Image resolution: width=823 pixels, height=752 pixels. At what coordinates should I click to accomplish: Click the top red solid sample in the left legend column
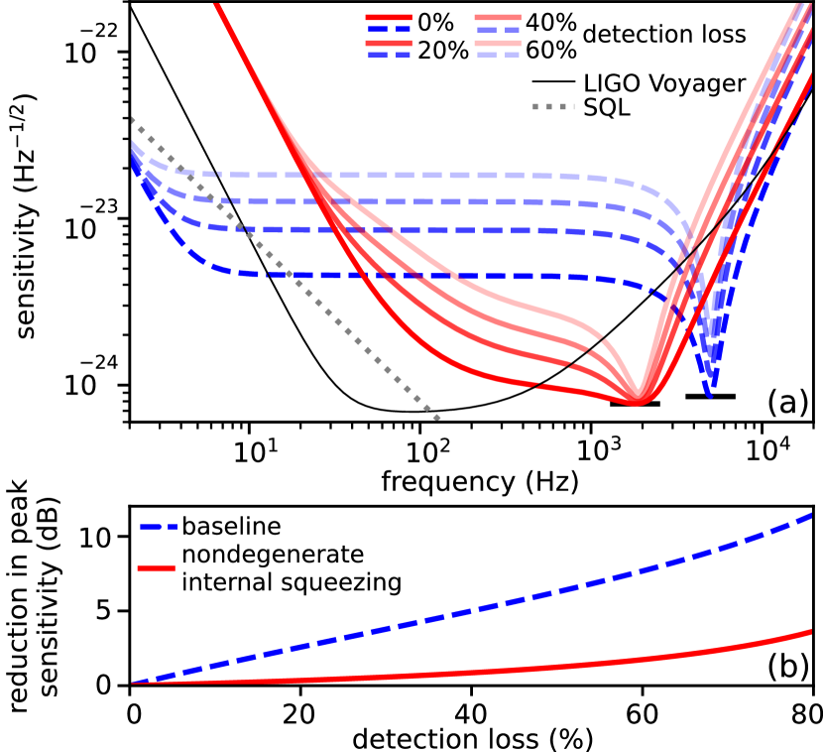(388, 17)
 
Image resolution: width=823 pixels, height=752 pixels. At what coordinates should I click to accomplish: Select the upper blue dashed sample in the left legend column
(388, 30)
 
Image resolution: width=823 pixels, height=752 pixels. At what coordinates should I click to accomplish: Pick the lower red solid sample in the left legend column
(388, 43)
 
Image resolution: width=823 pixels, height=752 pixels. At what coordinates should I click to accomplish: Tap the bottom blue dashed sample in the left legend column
(388, 56)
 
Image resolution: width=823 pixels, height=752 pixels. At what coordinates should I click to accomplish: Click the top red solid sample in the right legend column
(497, 17)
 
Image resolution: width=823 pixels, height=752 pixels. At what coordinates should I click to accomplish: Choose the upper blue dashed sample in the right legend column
(497, 30)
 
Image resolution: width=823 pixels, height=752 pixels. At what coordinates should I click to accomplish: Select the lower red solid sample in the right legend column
(497, 43)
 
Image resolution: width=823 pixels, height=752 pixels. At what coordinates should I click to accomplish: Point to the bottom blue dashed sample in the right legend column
(497, 56)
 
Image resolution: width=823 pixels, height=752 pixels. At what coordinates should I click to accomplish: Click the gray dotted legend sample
(552, 106)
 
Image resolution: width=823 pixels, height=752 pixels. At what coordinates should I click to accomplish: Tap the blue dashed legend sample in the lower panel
(159, 527)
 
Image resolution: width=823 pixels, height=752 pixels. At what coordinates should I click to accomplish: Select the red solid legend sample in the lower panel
(156, 567)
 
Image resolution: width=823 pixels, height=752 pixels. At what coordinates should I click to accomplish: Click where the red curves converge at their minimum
(638, 399)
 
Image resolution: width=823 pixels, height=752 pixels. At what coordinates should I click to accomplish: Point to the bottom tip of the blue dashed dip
(710, 395)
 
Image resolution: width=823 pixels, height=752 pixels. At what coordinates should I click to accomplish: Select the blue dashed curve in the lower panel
(496, 604)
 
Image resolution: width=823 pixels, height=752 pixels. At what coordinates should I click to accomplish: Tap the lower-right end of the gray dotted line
(437, 418)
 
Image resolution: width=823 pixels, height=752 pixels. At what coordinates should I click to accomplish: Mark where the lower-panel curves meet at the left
(133, 683)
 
